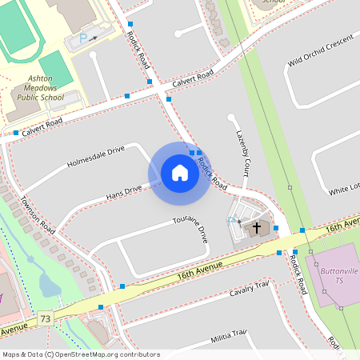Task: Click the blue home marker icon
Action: click(x=179, y=173)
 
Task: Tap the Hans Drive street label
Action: click(x=124, y=192)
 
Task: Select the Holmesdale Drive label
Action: click(x=96, y=155)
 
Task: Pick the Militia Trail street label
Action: click(x=228, y=334)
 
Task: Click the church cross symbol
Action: click(x=257, y=228)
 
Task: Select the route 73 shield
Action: click(x=45, y=319)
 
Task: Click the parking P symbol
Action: click(x=82, y=38)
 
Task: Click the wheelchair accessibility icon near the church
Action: click(x=232, y=221)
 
